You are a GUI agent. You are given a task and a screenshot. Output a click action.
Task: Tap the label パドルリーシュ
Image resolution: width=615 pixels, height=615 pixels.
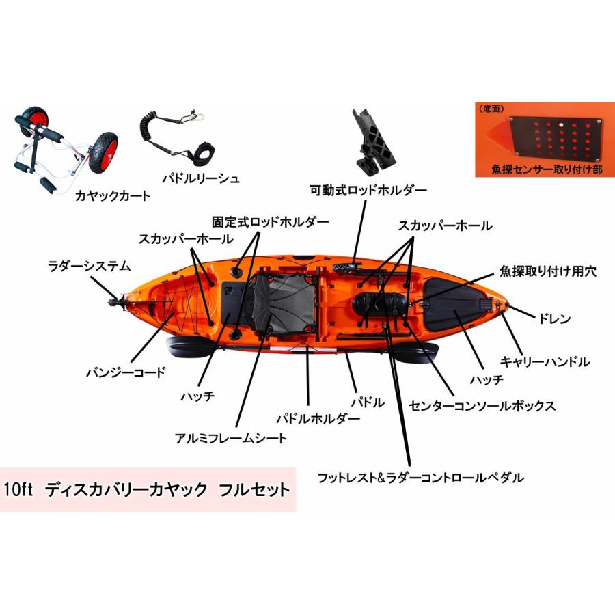pyautogui.click(x=201, y=179)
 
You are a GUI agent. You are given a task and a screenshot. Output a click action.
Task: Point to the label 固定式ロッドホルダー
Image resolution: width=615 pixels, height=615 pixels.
pyautogui.click(x=270, y=222)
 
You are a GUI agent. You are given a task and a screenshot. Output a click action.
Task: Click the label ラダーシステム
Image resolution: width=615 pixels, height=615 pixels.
pyautogui.click(x=89, y=265)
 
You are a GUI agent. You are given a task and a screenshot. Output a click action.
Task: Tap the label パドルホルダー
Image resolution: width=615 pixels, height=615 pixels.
pyautogui.click(x=317, y=418)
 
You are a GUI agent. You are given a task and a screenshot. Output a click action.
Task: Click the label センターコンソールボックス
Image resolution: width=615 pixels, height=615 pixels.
pyautogui.click(x=482, y=405)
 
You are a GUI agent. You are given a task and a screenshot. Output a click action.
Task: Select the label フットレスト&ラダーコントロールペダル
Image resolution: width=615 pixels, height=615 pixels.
pyautogui.click(x=420, y=477)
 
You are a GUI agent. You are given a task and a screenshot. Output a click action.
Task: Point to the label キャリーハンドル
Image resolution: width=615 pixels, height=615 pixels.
pyautogui.click(x=545, y=361)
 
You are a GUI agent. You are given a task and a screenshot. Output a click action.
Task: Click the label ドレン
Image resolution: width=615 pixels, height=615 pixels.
pyautogui.click(x=554, y=318)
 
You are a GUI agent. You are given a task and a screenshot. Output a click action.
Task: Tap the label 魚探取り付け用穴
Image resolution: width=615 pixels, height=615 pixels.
pyautogui.click(x=548, y=271)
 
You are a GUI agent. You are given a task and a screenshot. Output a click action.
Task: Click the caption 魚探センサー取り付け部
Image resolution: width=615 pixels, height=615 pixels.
pyautogui.click(x=547, y=169)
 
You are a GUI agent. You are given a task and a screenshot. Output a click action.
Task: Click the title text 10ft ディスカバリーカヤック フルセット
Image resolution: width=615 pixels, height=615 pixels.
pyautogui.click(x=147, y=489)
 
